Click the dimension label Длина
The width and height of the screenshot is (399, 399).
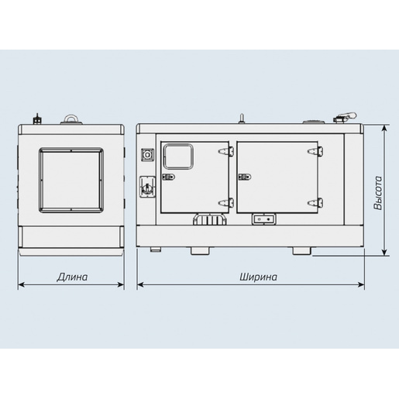pyautogui.click(x=72, y=277)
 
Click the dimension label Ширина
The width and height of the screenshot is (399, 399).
pyautogui.click(x=258, y=277)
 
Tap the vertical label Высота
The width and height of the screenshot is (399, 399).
pyautogui.click(x=378, y=193)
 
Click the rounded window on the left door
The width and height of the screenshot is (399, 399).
pyautogui.click(x=178, y=157)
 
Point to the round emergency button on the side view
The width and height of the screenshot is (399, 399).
pyautogui.click(x=147, y=155)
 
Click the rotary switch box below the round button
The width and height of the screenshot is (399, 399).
pyautogui.click(x=147, y=187)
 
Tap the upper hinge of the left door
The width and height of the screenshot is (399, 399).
pyautogui.click(x=226, y=151)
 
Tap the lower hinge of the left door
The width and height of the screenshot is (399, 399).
pyautogui.click(x=226, y=202)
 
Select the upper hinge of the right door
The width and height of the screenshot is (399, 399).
pyautogui.click(x=315, y=151)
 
